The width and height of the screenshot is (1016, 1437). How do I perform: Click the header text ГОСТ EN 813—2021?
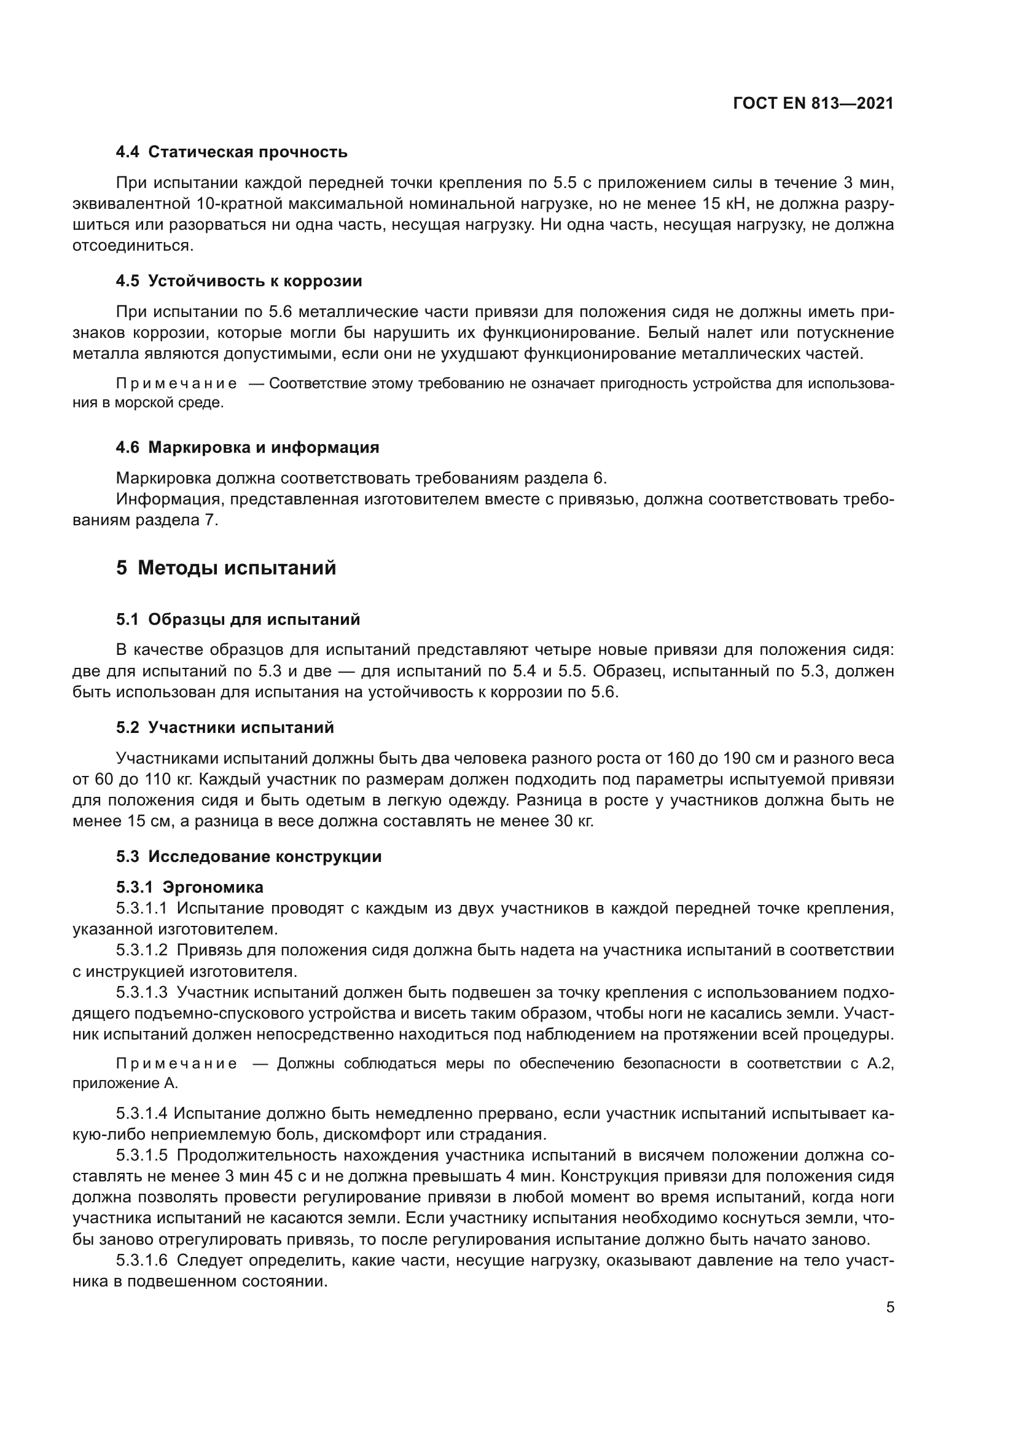tap(813, 104)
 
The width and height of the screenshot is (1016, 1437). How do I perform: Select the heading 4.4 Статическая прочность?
tap(232, 152)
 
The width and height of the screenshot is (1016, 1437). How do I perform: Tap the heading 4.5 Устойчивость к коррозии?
tap(239, 281)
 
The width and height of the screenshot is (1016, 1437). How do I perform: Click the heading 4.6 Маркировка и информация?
tap(248, 447)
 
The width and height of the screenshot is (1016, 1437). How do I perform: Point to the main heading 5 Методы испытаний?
tap(226, 568)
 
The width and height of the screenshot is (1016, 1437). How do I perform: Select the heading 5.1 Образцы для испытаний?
tap(238, 620)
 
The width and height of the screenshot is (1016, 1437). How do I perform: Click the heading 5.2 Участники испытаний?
tap(225, 728)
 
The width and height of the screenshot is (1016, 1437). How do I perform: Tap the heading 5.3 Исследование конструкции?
tap(249, 857)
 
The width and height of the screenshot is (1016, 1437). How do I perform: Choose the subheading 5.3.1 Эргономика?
tap(190, 888)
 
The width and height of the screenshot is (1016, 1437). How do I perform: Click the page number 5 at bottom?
tap(890, 1307)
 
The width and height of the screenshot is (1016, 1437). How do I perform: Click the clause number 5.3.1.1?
tap(141, 909)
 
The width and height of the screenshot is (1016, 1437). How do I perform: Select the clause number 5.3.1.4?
tap(141, 1114)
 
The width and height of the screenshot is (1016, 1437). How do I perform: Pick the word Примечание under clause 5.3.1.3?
tap(176, 1064)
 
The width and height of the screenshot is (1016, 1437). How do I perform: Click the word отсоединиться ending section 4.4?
tap(133, 246)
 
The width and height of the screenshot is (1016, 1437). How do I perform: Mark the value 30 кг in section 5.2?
tap(573, 822)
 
